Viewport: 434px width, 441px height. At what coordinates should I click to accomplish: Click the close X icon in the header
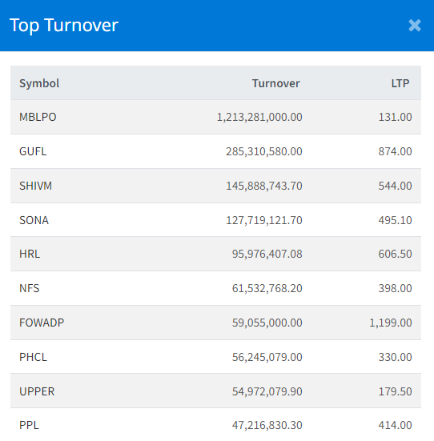[415, 26]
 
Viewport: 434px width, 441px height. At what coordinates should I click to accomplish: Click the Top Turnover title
[64, 26]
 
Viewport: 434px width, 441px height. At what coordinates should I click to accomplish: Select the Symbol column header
[39, 83]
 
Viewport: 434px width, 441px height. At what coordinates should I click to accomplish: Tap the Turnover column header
[275, 83]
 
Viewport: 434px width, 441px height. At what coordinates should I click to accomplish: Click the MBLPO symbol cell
[38, 117]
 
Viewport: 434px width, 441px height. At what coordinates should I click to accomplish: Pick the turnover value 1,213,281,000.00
[259, 117]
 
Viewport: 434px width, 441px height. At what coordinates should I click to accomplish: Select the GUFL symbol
[33, 151]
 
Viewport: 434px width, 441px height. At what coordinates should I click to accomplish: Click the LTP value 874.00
[396, 151]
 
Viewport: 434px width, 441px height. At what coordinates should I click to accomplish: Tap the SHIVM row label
[35, 186]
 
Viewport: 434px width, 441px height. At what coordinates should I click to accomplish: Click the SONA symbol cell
[34, 220]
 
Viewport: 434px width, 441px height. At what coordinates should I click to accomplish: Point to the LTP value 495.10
[396, 220]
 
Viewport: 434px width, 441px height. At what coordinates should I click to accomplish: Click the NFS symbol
[30, 288]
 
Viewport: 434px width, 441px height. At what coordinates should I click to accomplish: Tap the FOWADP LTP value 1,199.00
[391, 323]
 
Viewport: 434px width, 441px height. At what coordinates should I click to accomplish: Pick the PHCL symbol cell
[33, 357]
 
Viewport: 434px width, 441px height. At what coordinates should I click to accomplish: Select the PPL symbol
[29, 426]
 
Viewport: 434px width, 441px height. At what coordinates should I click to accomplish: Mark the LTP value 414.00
[396, 426]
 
